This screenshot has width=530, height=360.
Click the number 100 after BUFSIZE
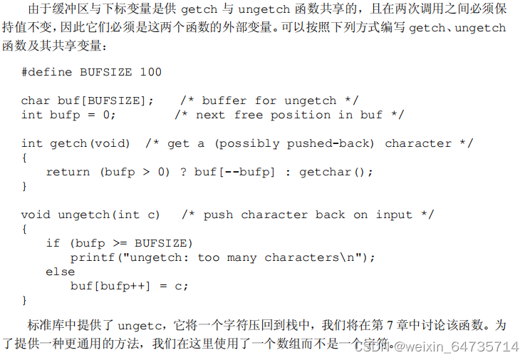(150, 72)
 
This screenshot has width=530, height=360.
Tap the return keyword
(68, 172)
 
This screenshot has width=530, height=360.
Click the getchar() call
(336, 172)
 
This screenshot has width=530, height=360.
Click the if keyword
(53, 243)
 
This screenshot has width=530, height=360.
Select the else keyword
(60, 272)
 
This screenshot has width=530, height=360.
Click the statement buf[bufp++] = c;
(129, 286)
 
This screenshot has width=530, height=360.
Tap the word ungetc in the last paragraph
(142, 326)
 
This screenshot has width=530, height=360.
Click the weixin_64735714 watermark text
(462, 347)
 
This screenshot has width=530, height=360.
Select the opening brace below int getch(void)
(24, 158)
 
